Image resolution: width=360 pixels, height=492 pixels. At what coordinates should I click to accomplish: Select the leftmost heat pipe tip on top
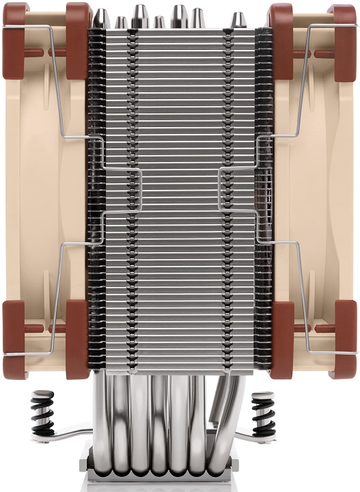click(x=101, y=18)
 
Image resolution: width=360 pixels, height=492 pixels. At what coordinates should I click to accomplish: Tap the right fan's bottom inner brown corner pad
click(x=281, y=338)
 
